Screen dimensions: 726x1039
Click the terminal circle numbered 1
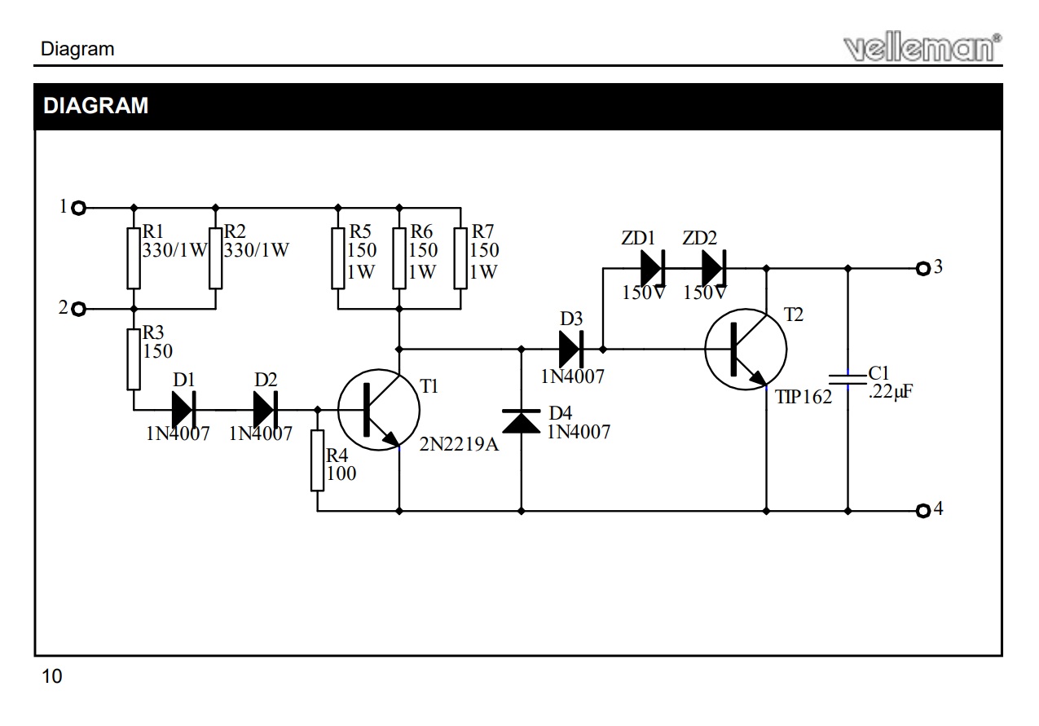click(x=79, y=208)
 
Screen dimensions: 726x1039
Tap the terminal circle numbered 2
click(x=79, y=310)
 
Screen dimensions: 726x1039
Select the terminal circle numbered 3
click(x=922, y=267)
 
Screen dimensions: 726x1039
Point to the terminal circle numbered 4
click(x=922, y=511)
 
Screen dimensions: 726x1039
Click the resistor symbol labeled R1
click(x=134, y=258)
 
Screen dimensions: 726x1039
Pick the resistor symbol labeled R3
click(x=134, y=359)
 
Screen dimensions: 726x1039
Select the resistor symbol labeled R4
click(x=318, y=460)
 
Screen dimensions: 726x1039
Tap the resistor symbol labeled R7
click(x=460, y=258)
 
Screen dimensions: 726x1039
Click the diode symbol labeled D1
click(x=184, y=410)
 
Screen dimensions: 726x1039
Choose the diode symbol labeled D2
click(x=266, y=410)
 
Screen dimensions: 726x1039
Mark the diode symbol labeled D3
click(x=571, y=350)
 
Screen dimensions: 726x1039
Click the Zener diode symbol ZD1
click(x=653, y=267)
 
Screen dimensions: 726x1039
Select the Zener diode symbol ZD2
click(x=714, y=267)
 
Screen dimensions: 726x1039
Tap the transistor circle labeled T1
click(x=379, y=410)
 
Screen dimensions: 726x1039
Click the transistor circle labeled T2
click(x=746, y=350)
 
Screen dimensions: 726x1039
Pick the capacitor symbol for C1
click(x=847, y=379)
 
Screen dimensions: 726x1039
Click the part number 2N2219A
click(x=458, y=446)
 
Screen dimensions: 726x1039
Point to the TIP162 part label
click(x=804, y=398)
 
